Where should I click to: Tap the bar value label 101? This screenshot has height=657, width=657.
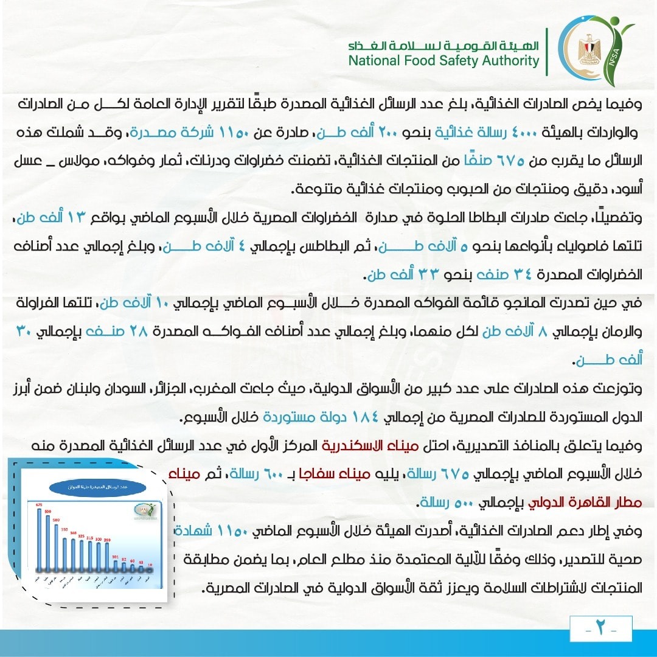click(116, 557)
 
